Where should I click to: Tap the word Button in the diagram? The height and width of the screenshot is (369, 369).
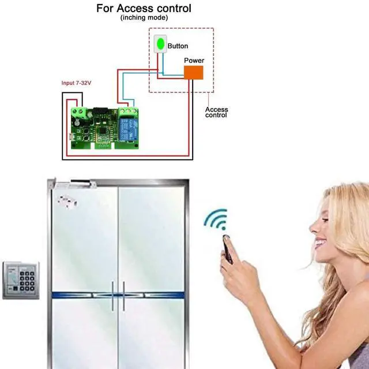(x=178, y=46)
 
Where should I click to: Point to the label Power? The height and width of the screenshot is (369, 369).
(x=194, y=60)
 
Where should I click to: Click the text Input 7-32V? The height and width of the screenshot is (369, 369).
(x=77, y=83)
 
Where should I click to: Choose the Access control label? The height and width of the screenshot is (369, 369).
(x=217, y=112)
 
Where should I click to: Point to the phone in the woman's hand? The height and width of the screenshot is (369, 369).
(x=227, y=250)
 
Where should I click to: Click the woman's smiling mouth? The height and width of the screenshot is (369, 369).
(x=320, y=243)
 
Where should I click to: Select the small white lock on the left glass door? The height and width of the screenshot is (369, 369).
(x=67, y=202)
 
